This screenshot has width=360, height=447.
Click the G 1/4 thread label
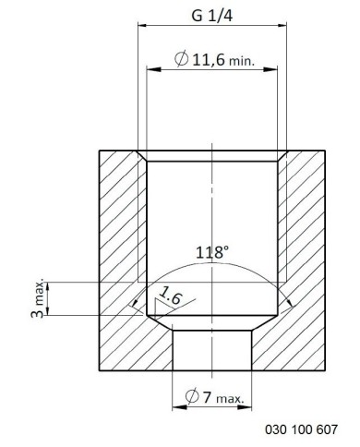(x=211, y=16)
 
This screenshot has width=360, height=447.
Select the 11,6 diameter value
(x=209, y=59)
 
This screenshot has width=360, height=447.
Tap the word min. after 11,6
(x=242, y=61)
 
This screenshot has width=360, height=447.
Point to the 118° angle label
(x=212, y=252)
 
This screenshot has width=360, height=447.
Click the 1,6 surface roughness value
(x=171, y=296)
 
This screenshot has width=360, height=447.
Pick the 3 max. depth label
(x=38, y=299)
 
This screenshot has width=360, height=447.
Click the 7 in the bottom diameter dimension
(x=207, y=397)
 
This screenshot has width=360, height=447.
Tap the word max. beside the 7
(x=230, y=399)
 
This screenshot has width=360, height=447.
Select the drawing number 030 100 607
(x=301, y=429)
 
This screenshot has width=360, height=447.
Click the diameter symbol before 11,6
(x=181, y=59)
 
